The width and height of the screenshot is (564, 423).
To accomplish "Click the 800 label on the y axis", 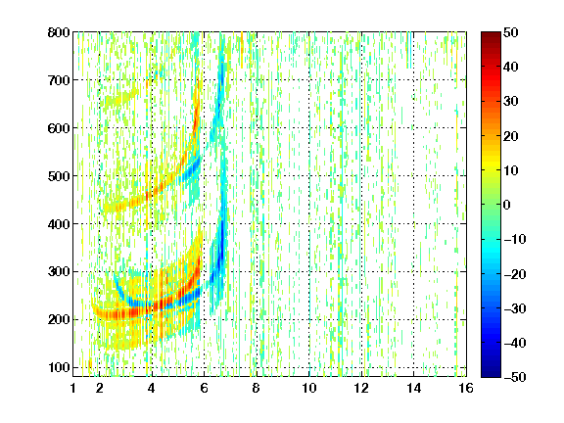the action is tap(59, 32).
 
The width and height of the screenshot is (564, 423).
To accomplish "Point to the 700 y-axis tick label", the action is tap(59, 80).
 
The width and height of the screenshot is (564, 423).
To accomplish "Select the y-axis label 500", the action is tap(59, 176).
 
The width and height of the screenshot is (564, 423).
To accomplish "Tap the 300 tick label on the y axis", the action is tap(59, 272).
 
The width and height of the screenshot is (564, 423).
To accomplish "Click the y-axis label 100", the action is tap(59, 367).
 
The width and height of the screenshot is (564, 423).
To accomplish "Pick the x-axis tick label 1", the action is tap(73, 388).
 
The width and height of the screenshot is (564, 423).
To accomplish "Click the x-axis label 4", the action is tap(152, 388).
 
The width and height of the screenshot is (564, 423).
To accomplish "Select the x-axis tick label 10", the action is tap(309, 388).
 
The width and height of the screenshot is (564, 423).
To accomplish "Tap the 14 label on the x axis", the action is tap(414, 388).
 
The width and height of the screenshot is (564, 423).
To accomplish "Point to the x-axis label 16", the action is tap(466, 388).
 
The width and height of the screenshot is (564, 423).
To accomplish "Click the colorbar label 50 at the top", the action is tap(510, 32).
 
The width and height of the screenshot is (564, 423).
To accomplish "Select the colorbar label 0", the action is tap(507, 205).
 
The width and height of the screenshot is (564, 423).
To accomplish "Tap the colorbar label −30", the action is tap(515, 308).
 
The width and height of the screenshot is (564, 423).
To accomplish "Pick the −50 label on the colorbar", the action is tap(515, 377).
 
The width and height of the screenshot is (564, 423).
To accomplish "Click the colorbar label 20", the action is tap(510, 136).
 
